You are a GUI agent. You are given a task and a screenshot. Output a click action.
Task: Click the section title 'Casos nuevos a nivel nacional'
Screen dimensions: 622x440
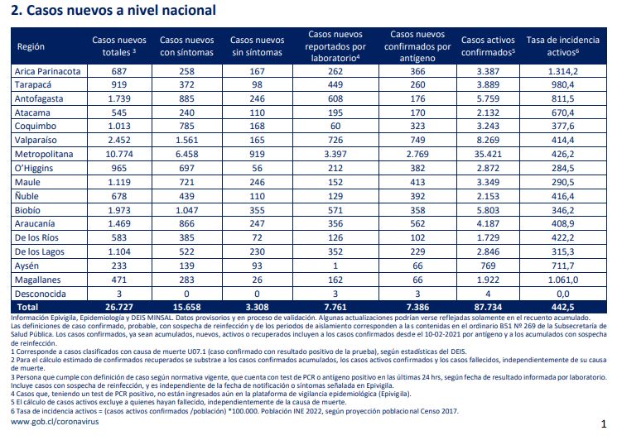coord(121,10)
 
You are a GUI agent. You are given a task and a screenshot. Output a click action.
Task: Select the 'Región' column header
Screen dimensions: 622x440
coord(31,46)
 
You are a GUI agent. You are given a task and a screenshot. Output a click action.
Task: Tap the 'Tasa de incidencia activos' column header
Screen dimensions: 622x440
coord(563,46)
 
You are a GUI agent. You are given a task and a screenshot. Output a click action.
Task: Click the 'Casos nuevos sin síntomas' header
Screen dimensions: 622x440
coord(257,46)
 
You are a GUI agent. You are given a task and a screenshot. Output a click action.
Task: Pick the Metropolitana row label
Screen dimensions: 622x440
coord(44,154)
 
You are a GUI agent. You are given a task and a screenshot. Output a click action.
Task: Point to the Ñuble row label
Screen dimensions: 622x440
coord(27,196)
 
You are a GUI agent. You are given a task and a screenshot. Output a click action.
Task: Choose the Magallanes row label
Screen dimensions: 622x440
coord(38,280)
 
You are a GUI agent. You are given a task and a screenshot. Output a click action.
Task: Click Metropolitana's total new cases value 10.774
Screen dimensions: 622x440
coord(119,154)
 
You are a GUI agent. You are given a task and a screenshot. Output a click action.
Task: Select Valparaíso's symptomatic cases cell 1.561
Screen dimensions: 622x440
coord(186,141)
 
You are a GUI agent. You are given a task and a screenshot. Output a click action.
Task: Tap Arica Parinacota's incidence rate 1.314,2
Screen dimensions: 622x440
coord(563,71)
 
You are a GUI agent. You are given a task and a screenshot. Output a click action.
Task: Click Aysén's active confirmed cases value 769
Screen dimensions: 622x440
coord(488,265)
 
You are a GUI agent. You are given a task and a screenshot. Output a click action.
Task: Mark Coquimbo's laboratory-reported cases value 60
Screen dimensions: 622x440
coord(335,126)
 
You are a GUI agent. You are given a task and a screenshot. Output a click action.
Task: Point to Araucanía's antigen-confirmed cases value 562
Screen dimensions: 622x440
coord(417,224)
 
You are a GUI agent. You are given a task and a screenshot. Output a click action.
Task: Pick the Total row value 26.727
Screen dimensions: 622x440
coord(119,307)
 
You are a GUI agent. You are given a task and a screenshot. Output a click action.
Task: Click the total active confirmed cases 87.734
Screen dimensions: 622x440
coord(488,307)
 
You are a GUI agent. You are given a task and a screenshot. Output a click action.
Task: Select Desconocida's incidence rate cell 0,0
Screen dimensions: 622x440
coord(563,294)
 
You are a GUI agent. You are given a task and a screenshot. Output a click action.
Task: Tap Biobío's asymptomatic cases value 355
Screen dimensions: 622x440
coord(257,210)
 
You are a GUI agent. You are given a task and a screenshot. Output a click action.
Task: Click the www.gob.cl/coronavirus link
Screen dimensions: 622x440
coord(55,421)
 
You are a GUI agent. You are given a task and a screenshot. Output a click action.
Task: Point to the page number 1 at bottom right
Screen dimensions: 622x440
coord(604,424)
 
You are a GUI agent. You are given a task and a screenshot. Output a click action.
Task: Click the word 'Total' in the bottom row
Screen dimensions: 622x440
coord(27,307)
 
